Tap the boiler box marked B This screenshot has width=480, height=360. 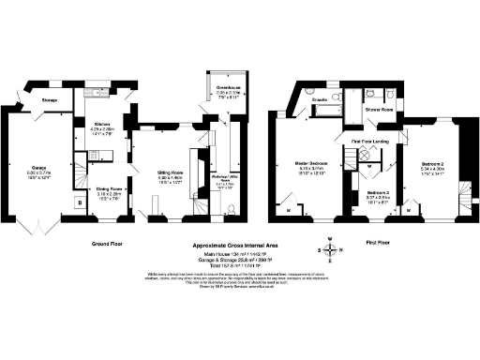79,200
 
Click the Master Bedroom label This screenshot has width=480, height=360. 309,161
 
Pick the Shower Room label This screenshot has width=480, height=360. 379,109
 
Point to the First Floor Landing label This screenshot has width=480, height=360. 369,142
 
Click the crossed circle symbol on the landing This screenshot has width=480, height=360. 368,157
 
